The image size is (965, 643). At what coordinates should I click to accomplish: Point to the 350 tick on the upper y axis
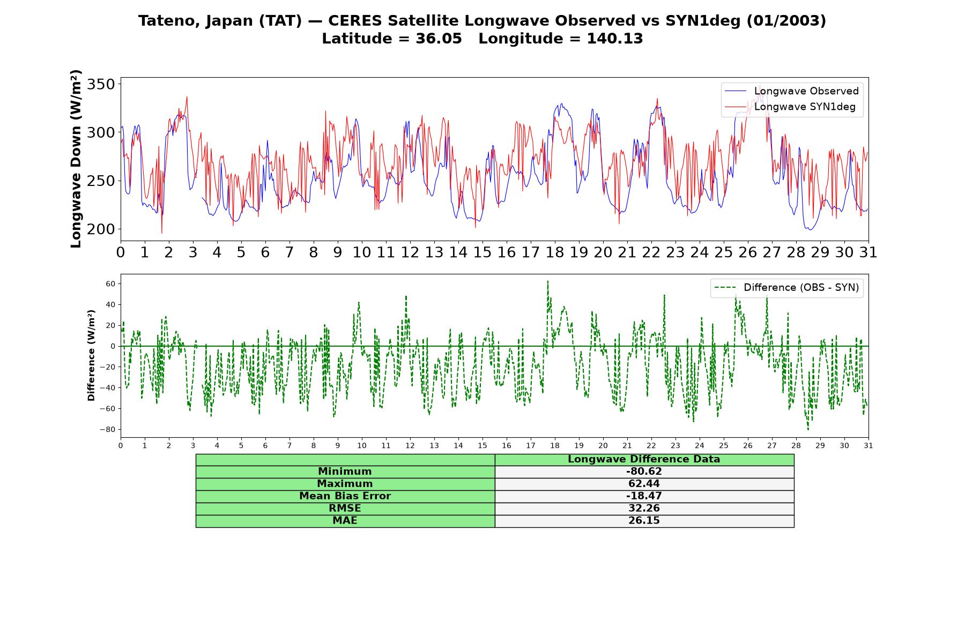(101, 84)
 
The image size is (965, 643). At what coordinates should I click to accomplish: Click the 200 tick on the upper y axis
(101, 229)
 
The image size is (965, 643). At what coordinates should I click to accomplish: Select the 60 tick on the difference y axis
(110, 283)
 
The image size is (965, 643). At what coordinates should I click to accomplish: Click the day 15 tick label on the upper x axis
(482, 252)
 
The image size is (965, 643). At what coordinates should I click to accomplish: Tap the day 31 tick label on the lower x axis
(868, 446)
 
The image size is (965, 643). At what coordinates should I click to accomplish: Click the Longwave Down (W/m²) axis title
(76, 159)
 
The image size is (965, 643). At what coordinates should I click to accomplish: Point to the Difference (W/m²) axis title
(92, 355)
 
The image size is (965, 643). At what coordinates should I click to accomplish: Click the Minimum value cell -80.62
(644, 472)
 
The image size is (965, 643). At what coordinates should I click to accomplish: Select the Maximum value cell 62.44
(644, 484)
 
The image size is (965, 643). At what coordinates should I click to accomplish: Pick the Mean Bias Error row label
(345, 496)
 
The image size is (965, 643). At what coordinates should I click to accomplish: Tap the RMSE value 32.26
(644, 509)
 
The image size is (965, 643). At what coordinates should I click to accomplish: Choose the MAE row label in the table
(345, 521)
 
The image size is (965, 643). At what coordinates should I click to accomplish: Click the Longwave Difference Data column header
(644, 459)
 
